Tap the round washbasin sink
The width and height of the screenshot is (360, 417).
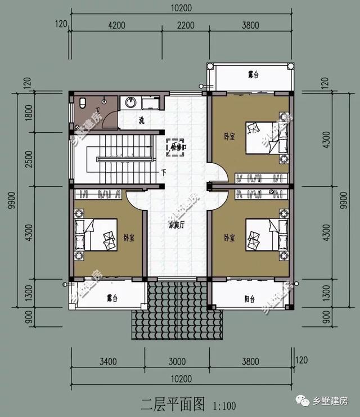pyautogui.click(x=130, y=102)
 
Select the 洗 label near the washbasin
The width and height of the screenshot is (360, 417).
pyautogui.click(x=142, y=120)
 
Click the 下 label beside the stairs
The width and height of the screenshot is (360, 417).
pyautogui.click(x=163, y=172)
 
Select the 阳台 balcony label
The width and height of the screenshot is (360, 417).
pyautogui.click(x=250, y=299)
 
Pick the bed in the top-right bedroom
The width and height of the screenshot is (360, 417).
pyautogui.click(x=263, y=137)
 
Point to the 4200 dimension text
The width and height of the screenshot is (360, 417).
pyautogui.click(x=116, y=25)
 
